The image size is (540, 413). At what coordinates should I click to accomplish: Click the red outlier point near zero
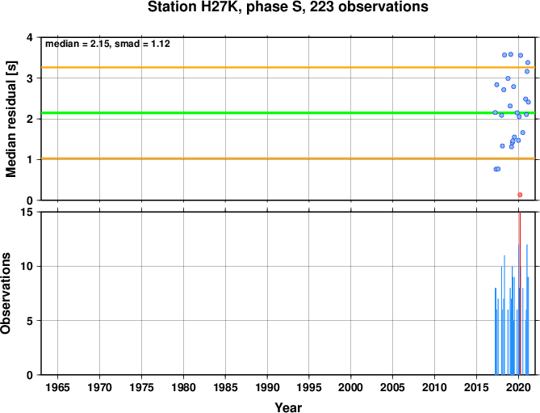[520, 195]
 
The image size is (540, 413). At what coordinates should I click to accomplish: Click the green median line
[288, 112]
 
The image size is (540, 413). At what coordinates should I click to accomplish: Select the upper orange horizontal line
[288, 67]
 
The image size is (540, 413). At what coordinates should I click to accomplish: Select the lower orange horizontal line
[288, 158]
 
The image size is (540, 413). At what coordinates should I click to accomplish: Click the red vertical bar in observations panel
[520, 293]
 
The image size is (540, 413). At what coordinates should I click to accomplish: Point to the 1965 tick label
[57, 387]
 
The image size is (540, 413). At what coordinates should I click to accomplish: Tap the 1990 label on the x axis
[267, 387]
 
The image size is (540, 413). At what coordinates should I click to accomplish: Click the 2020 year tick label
[518, 387]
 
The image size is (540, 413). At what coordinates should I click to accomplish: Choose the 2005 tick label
[392, 387]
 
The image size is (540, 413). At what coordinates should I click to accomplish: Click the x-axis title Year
[288, 407]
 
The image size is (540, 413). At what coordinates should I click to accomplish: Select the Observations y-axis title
[6, 293]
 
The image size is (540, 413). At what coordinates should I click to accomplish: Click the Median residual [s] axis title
[11, 119]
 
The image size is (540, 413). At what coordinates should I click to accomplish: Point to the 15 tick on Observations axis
[31, 213]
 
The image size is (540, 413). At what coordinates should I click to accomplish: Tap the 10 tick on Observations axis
[31, 267]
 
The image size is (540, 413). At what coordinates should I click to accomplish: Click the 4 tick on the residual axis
[34, 37]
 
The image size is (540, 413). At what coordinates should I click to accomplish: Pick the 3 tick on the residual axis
[34, 78]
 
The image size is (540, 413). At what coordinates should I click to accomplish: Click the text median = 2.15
[77, 44]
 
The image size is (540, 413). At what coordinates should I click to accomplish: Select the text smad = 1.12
[142, 44]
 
